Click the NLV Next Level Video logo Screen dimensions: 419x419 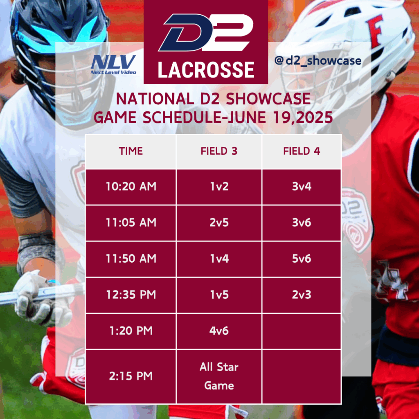114,64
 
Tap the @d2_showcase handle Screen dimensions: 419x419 318,61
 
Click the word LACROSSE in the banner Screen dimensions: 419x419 206,70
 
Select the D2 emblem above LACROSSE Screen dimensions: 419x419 206,32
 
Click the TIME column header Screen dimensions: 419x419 131,151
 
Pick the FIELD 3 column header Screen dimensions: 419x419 219,151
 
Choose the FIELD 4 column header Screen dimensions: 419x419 302,151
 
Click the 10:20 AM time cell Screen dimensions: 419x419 131,187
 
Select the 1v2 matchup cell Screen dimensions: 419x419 219,187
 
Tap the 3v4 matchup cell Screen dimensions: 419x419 302,187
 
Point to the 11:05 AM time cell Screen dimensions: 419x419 131,223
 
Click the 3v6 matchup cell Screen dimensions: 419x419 302,223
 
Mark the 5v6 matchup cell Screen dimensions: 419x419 302,259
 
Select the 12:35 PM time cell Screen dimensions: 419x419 131,295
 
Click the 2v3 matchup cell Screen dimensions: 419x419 302,295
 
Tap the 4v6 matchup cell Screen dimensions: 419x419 219,331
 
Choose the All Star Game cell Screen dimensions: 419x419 219,376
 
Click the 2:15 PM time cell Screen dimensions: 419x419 131,376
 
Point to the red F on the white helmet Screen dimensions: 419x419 375,30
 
